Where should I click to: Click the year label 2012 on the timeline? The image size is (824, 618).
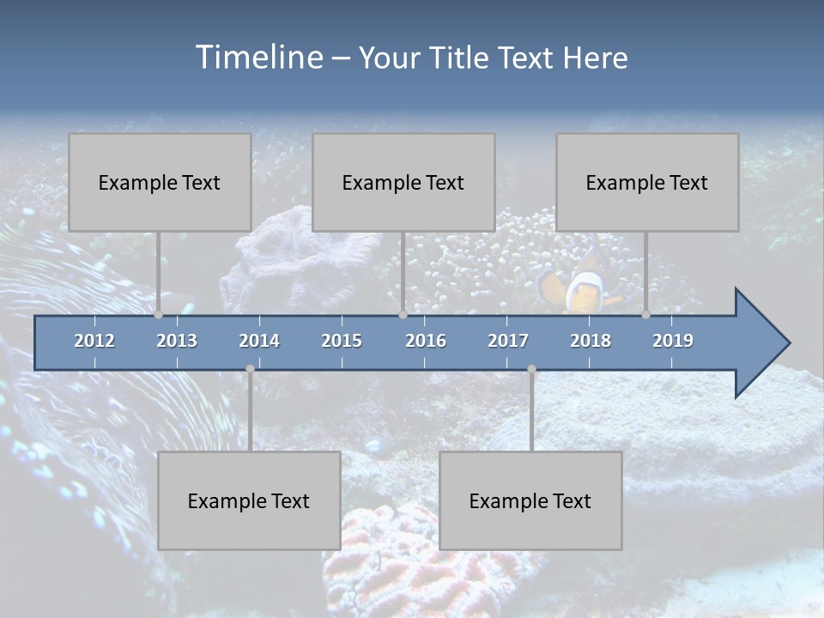click(x=94, y=341)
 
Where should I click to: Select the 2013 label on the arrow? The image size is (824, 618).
click(x=177, y=341)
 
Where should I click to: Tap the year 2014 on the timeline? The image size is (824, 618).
click(x=259, y=341)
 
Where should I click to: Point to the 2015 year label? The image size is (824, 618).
click(x=342, y=341)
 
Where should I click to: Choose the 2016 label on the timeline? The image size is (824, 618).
click(x=426, y=341)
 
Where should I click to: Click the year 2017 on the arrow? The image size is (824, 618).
click(x=508, y=341)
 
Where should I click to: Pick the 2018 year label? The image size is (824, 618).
click(x=591, y=341)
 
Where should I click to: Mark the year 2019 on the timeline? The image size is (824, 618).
click(x=673, y=341)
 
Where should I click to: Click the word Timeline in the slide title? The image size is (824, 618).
click(x=258, y=58)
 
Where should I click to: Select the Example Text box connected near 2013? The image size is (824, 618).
click(x=160, y=182)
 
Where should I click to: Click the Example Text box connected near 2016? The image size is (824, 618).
click(x=403, y=182)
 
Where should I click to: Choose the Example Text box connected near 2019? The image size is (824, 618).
click(x=647, y=182)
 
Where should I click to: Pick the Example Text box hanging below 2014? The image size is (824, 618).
click(x=249, y=500)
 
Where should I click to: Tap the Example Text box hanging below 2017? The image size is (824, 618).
click(x=530, y=500)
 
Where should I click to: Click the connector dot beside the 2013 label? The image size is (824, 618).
click(x=158, y=315)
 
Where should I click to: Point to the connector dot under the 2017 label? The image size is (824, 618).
click(x=531, y=369)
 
